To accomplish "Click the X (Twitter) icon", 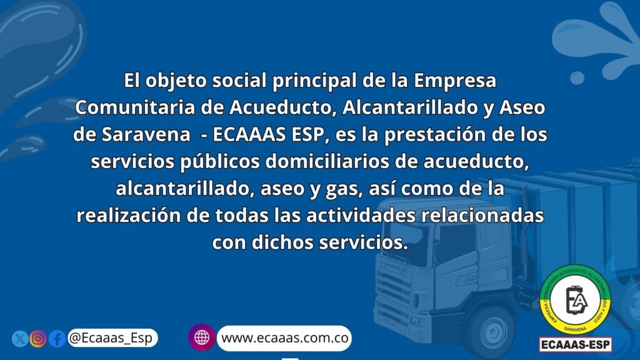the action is (x=19, y=339).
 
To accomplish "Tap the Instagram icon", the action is (x=38, y=339).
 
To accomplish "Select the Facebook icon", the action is (x=57, y=339).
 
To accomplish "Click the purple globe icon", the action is (x=202, y=337).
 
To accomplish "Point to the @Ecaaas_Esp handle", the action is (x=111, y=338).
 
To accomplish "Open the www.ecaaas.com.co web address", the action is (x=285, y=338).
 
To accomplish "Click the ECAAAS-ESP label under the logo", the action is (x=576, y=345).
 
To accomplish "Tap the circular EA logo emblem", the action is (x=575, y=300).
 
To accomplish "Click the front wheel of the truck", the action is (x=493, y=329).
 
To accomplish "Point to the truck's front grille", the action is (x=394, y=291).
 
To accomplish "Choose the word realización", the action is (x=129, y=216).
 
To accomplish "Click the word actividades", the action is (x=361, y=216).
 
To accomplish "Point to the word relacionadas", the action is (x=482, y=216).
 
